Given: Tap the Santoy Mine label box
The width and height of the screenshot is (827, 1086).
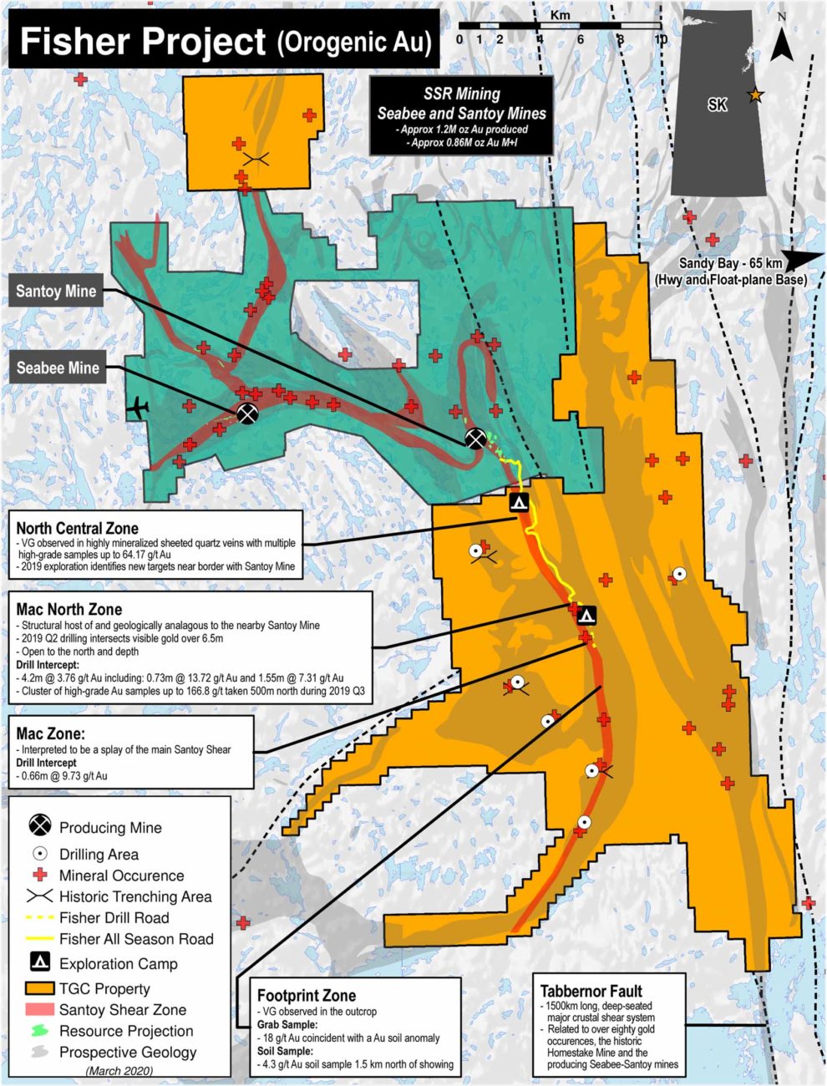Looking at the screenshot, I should pos(56,292).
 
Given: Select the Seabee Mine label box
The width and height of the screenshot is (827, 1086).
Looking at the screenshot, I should pos(58,368).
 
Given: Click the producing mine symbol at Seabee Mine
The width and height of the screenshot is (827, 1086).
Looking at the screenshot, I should pos(247,413).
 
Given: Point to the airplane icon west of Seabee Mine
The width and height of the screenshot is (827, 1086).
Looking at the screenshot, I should pos(138,409).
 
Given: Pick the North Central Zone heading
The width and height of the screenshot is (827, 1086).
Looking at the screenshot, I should pos(77,528).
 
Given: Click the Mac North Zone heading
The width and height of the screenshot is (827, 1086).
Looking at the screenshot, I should pos(68,609).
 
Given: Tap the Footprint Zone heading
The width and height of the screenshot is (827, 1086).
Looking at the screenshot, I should pos(306,995).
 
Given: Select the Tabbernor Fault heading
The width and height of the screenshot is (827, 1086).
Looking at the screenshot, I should pos(591,991).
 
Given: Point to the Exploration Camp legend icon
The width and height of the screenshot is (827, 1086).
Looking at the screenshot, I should pos(39,962).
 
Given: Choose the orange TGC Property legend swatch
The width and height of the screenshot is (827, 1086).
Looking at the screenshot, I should pos(39,988).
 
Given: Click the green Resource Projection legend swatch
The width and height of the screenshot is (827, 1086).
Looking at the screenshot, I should pos(39,1031).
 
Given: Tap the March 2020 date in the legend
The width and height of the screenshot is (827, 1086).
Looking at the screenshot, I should pos(119,1070).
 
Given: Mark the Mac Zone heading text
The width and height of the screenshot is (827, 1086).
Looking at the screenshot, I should pos(50,733).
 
